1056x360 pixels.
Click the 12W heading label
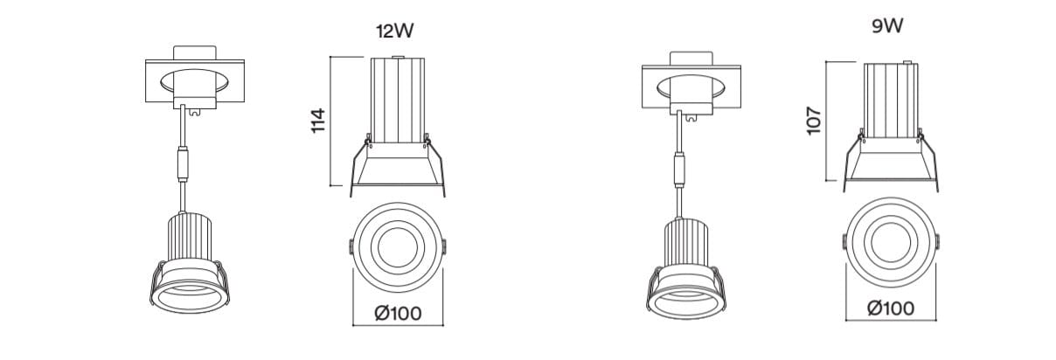pos(394,31)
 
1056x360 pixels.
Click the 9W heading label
pos(887,26)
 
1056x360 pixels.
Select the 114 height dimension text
pos(319,121)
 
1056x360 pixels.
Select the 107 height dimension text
pos(814,121)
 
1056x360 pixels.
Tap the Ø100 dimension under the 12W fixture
pos(398,314)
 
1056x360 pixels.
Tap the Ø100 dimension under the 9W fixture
pos(891,308)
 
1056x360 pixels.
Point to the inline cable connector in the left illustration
pos(183,164)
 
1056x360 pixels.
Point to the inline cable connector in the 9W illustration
pos(679,170)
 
